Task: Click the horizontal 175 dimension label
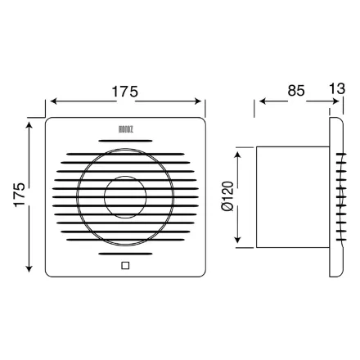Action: [125, 91]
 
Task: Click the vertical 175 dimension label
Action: [20, 196]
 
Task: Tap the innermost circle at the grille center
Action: [125, 196]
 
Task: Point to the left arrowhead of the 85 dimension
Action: [262, 102]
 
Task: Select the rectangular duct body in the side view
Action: [293, 196]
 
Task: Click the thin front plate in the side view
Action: [335, 196]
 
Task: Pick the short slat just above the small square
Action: [125, 253]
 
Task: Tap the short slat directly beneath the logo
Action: [125, 141]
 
